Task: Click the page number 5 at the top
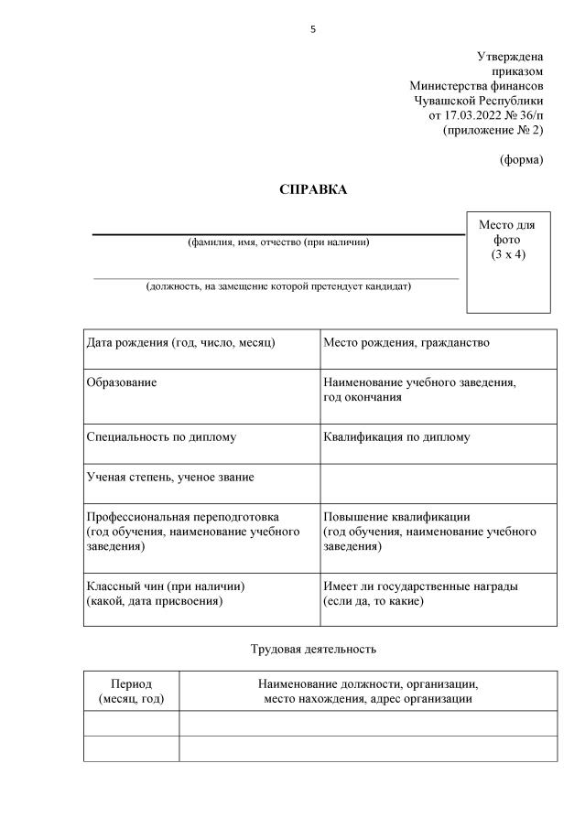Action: (313, 29)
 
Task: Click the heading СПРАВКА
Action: (313, 189)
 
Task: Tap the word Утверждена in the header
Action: (510, 57)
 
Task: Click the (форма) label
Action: (521, 159)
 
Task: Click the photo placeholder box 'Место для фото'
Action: (507, 260)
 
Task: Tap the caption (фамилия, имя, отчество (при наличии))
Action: (278, 242)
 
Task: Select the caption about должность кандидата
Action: (278, 286)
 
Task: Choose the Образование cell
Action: (122, 382)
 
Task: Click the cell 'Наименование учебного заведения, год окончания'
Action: (419, 390)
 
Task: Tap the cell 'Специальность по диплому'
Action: (161, 437)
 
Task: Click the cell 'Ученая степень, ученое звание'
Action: (170, 477)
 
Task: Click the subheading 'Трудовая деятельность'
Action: (313, 650)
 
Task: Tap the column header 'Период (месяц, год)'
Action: (131, 691)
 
